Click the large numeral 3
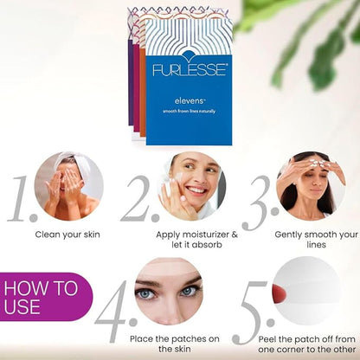click(x=260, y=202)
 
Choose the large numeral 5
click(x=253, y=312)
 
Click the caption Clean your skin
click(x=67, y=235)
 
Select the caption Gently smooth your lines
click(x=316, y=240)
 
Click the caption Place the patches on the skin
click(x=175, y=344)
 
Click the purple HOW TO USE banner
click(x=46, y=297)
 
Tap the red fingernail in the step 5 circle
click(x=279, y=293)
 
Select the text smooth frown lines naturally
click(x=190, y=112)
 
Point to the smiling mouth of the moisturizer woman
click(x=196, y=190)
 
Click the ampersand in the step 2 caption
click(x=235, y=235)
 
